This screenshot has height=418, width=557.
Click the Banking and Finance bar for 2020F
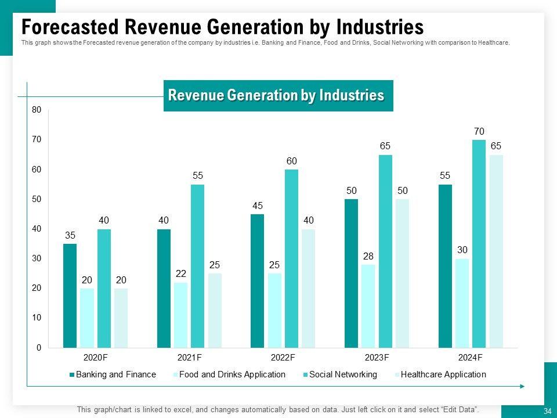(70, 296)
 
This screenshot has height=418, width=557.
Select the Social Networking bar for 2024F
(479, 244)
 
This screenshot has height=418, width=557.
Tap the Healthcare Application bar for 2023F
(402, 273)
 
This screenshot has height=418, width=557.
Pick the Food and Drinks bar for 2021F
(180, 315)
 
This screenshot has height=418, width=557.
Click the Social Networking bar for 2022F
(292, 258)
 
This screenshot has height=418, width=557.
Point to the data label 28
(368, 256)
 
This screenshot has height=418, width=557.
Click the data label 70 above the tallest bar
(479, 131)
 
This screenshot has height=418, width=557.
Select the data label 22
(180, 273)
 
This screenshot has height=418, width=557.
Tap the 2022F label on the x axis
(283, 357)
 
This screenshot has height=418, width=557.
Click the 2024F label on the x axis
(470, 357)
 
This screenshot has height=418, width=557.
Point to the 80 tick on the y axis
(37, 110)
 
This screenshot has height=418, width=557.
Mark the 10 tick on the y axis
(37, 318)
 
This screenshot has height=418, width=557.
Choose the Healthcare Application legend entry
(443, 374)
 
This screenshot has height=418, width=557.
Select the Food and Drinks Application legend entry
(232, 374)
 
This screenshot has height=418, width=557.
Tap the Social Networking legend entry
(343, 374)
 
